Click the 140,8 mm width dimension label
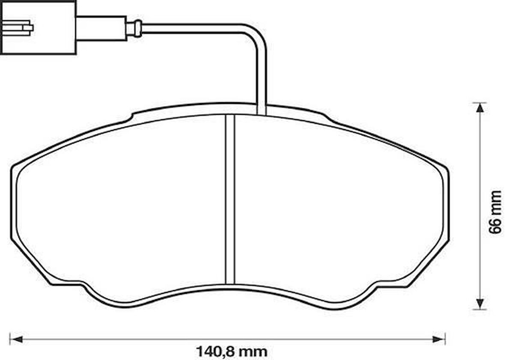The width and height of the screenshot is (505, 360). click(231, 352)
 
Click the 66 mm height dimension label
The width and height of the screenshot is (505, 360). click(495, 211)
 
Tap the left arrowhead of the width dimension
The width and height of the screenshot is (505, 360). click(15, 339)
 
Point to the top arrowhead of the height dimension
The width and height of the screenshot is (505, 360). click(480, 108)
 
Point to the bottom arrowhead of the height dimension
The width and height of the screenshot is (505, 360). click(480, 303)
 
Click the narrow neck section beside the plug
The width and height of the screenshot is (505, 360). click(101, 28)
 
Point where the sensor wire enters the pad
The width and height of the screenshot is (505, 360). click(261, 110)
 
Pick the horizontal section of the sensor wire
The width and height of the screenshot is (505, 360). click(193, 28)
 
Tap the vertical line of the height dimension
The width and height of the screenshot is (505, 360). click(480, 205)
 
